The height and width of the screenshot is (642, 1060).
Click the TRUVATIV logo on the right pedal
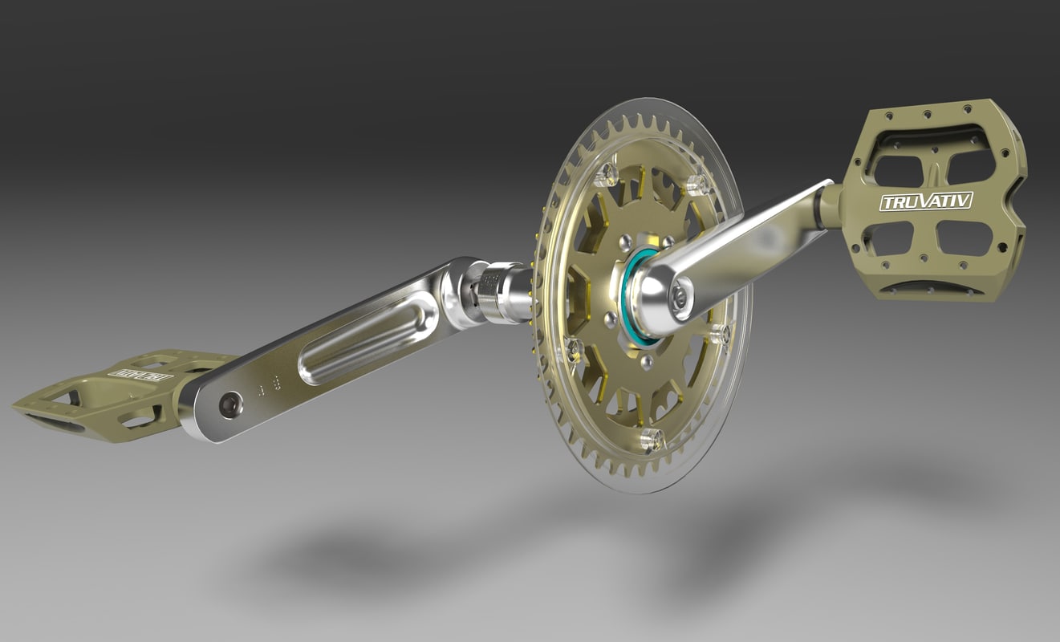[x=925, y=201]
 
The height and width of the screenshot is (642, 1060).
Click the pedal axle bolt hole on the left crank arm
[x=231, y=404]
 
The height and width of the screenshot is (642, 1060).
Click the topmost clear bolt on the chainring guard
[x=607, y=173]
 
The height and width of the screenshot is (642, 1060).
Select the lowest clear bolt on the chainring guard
[x=652, y=439]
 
